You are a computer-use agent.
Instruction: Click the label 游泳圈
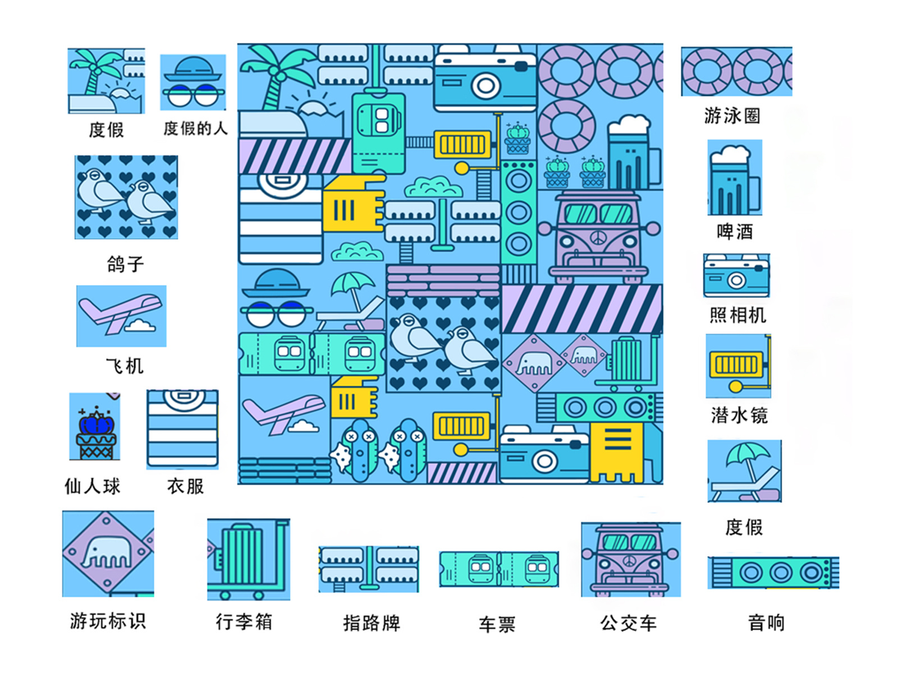click(x=732, y=116)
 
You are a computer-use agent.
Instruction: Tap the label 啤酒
click(x=735, y=231)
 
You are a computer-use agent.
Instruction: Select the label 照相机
click(x=737, y=315)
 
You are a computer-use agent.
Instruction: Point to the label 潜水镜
click(x=739, y=415)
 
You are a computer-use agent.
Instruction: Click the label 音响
click(x=766, y=623)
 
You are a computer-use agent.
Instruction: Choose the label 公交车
click(x=628, y=623)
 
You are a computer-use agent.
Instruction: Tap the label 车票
click(x=497, y=624)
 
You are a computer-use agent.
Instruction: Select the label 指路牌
click(x=372, y=623)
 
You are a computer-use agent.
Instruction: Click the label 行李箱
click(x=244, y=621)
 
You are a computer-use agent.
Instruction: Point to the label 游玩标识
click(x=108, y=621)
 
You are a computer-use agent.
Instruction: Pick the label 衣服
click(x=185, y=486)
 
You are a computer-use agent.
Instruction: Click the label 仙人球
click(x=93, y=486)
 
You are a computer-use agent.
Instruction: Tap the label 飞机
click(x=125, y=366)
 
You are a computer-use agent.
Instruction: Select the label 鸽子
click(x=125, y=264)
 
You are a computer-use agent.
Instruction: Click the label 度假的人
click(x=195, y=128)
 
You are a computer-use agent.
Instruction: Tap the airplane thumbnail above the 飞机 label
click(x=121, y=316)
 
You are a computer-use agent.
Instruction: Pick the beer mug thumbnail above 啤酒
click(x=735, y=178)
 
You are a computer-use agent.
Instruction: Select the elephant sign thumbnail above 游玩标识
click(x=108, y=554)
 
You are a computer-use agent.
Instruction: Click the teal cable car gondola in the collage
click(x=378, y=132)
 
